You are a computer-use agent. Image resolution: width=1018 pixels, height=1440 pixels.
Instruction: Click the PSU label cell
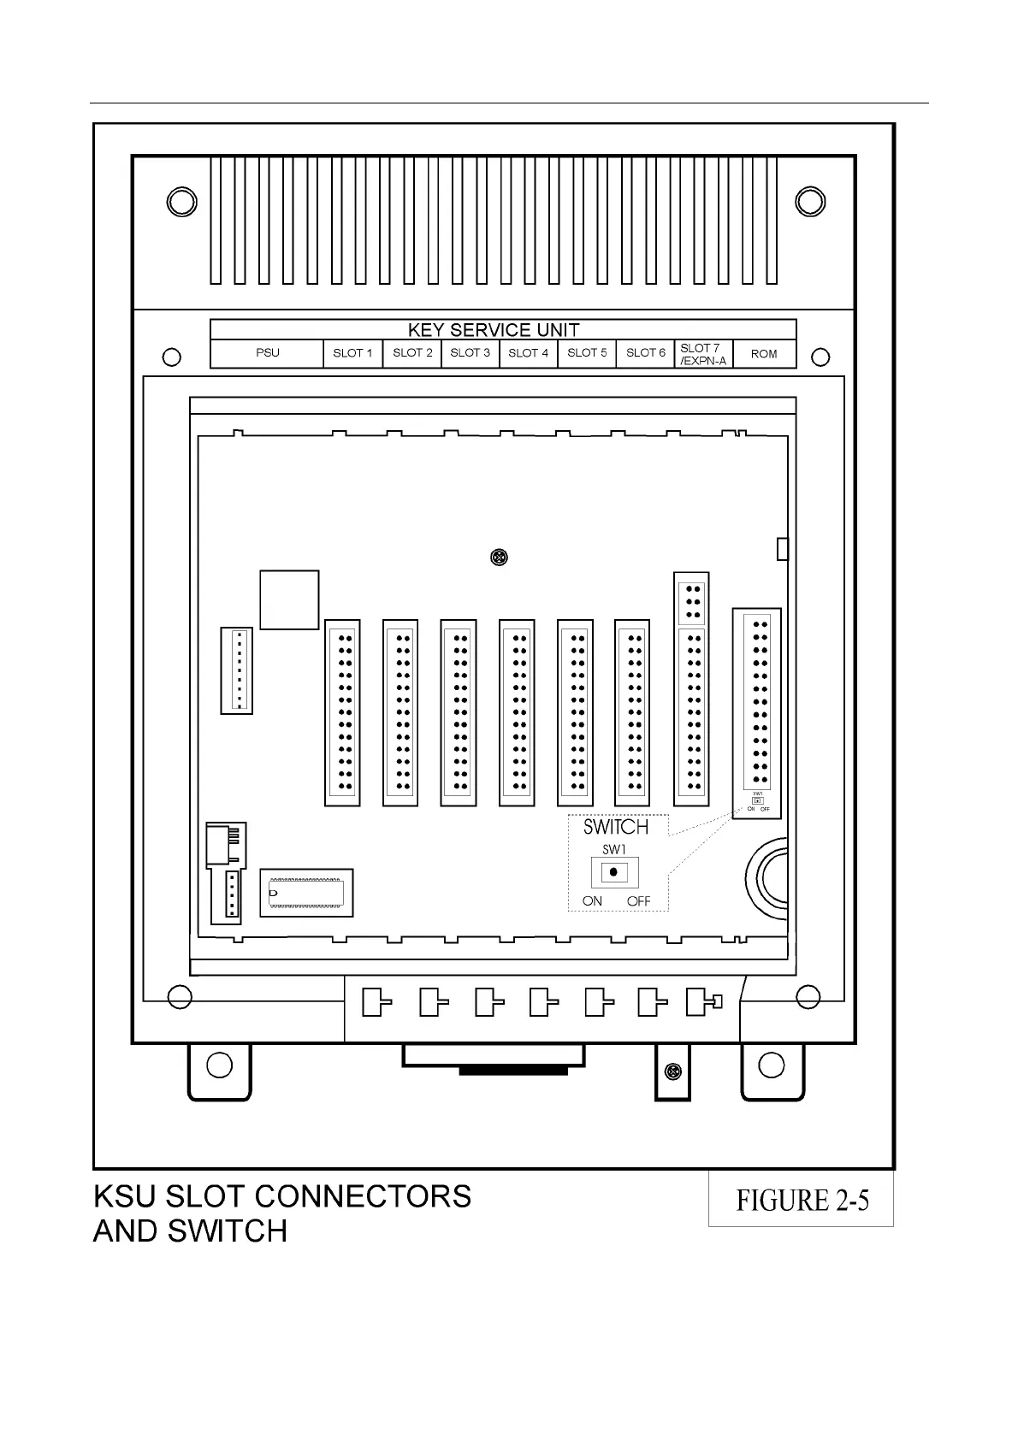click(267, 353)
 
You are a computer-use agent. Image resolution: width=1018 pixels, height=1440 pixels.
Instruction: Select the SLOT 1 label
click(352, 353)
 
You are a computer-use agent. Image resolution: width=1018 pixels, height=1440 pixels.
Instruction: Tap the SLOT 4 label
click(528, 353)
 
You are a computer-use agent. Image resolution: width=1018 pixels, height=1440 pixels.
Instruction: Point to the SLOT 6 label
click(645, 353)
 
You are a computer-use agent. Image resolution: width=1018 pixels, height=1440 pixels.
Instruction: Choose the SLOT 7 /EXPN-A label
click(702, 354)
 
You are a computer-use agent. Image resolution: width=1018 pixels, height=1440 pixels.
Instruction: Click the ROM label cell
click(764, 354)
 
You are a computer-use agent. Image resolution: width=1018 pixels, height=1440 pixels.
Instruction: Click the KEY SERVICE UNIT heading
click(494, 330)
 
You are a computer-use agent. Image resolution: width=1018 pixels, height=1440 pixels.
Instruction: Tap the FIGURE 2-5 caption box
click(802, 1200)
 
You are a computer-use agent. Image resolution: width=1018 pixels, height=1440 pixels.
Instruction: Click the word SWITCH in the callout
click(615, 827)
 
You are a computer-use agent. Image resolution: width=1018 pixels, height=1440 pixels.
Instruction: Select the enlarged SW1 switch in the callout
click(613, 873)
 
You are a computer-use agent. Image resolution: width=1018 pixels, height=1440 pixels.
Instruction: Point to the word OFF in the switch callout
click(638, 901)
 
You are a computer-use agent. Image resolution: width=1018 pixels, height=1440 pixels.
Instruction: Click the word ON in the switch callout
click(592, 901)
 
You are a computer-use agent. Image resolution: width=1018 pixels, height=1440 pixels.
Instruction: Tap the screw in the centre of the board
click(499, 558)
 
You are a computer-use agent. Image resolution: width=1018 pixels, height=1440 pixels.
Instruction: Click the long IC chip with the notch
click(306, 893)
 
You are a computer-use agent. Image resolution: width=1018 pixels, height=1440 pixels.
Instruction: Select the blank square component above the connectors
click(289, 599)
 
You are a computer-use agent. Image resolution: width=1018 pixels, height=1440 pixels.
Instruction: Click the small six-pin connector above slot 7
click(691, 601)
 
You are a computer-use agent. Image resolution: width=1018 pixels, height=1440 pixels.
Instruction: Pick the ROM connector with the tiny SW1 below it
click(757, 701)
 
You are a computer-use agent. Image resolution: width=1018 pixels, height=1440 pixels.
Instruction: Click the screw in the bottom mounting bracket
click(673, 1071)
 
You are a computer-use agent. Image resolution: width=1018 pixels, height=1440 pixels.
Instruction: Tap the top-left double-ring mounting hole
click(181, 202)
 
